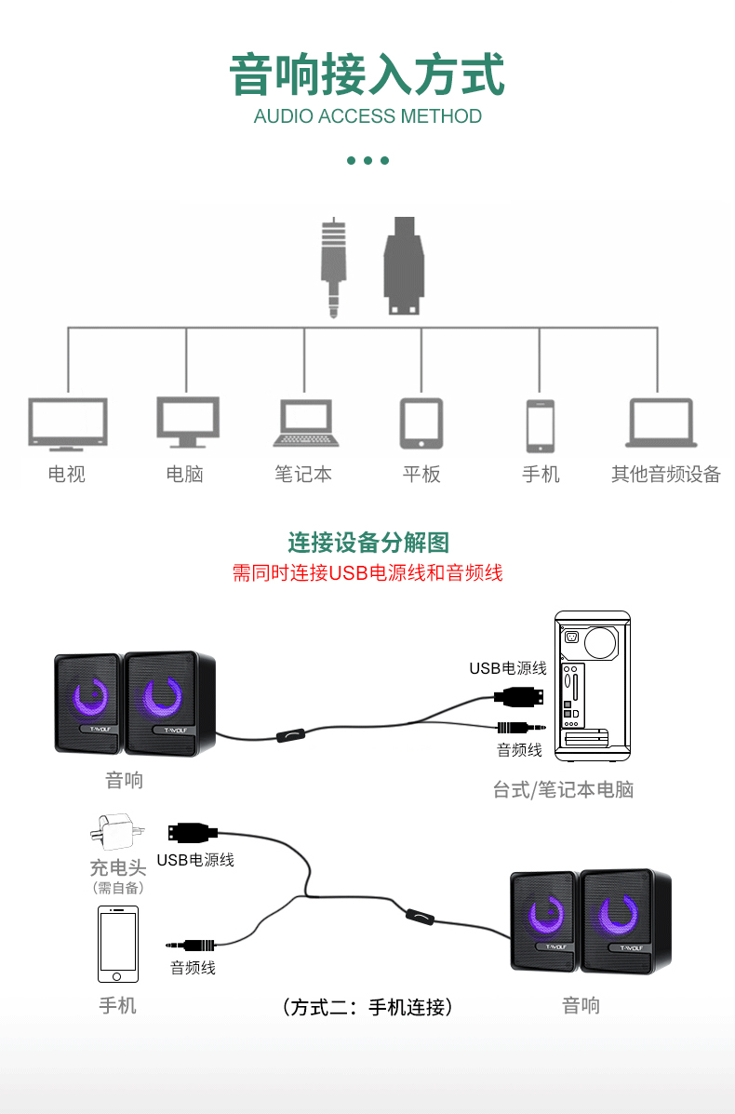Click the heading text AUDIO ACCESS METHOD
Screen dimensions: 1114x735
point(367,116)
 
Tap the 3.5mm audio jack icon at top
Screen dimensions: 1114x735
point(333,267)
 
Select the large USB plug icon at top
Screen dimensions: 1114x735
point(404,266)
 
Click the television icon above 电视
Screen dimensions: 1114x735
point(67,423)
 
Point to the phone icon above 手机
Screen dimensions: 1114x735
point(540,425)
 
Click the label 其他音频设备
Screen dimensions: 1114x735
point(665,475)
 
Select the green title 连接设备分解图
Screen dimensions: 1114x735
point(368,543)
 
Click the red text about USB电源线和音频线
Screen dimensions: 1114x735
point(367,573)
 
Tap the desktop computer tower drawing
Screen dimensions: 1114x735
point(592,680)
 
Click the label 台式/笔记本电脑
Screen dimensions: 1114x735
point(563,790)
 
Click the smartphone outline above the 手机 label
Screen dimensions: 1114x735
point(118,944)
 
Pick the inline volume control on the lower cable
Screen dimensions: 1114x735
point(420,917)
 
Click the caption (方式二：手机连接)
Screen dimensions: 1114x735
point(367,1007)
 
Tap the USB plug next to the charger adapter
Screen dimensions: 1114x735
point(193,832)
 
